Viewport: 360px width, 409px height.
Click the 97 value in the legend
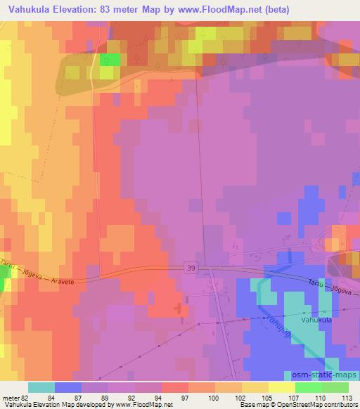174,397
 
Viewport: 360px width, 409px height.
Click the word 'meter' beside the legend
8,397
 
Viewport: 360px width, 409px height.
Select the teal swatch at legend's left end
41,387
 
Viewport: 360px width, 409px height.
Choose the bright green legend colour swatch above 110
308,387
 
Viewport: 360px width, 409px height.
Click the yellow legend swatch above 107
281,387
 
